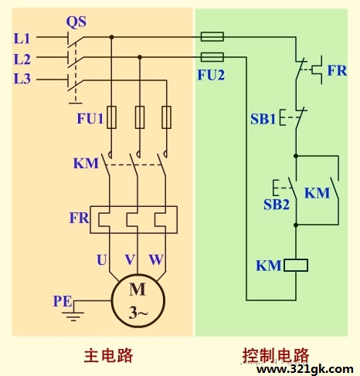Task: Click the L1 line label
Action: click(22, 39)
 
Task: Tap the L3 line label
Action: click(22, 79)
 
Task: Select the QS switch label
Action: click(76, 22)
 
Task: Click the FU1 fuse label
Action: click(90, 118)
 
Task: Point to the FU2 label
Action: click(211, 75)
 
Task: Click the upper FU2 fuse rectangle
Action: click(212, 37)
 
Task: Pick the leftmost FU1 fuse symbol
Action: click(111, 117)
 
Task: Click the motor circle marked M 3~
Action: click(138, 300)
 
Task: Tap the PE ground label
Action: click(63, 301)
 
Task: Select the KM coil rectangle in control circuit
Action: click(296, 266)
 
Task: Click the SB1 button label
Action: click(263, 119)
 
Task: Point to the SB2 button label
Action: click(277, 205)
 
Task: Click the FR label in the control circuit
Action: click(337, 70)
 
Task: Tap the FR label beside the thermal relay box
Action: click(79, 218)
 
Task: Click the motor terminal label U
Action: click(102, 259)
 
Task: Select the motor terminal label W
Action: click(156, 259)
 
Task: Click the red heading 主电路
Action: click(108, 356)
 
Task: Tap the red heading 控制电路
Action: click(276, 356)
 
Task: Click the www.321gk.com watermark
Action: click(305, 370)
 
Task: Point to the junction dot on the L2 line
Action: click(140, 57)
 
